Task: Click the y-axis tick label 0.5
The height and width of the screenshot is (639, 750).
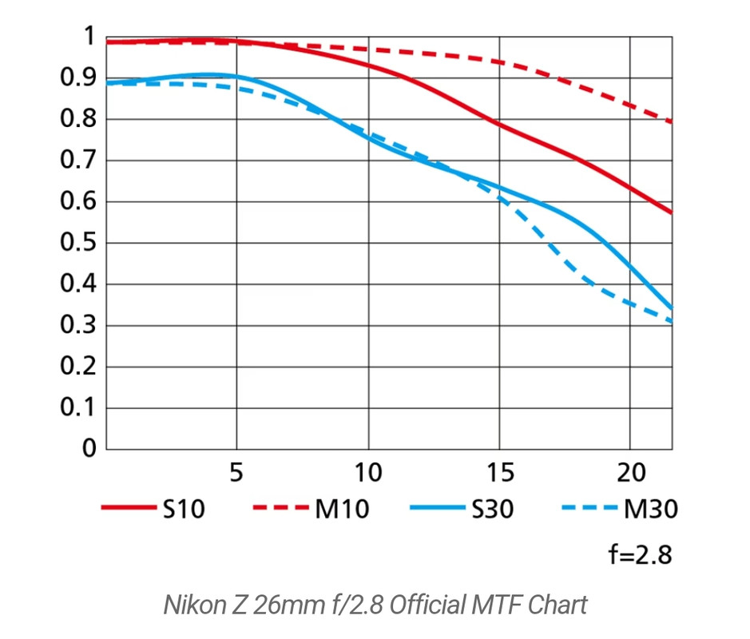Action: coord(77,243)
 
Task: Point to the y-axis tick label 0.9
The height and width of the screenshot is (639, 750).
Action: coord(77,77)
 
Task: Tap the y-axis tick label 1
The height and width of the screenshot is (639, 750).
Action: coord(89,37)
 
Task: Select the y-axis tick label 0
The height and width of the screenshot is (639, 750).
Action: coord(89,449)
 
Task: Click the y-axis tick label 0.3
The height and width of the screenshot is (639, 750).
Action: coord(77,325)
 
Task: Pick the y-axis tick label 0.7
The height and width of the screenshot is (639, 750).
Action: coord(77,160)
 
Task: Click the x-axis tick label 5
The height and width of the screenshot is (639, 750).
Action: coord(236,473)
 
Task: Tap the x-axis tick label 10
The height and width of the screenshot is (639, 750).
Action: coord(368,473)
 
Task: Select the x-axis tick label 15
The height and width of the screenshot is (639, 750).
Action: coord(499,473)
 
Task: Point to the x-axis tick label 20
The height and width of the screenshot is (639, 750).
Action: coord(631,473)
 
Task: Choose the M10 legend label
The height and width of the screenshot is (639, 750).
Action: coord(342,509)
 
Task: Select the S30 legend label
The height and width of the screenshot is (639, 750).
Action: coord(494,509)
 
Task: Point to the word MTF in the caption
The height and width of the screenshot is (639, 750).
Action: coord(484,605)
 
